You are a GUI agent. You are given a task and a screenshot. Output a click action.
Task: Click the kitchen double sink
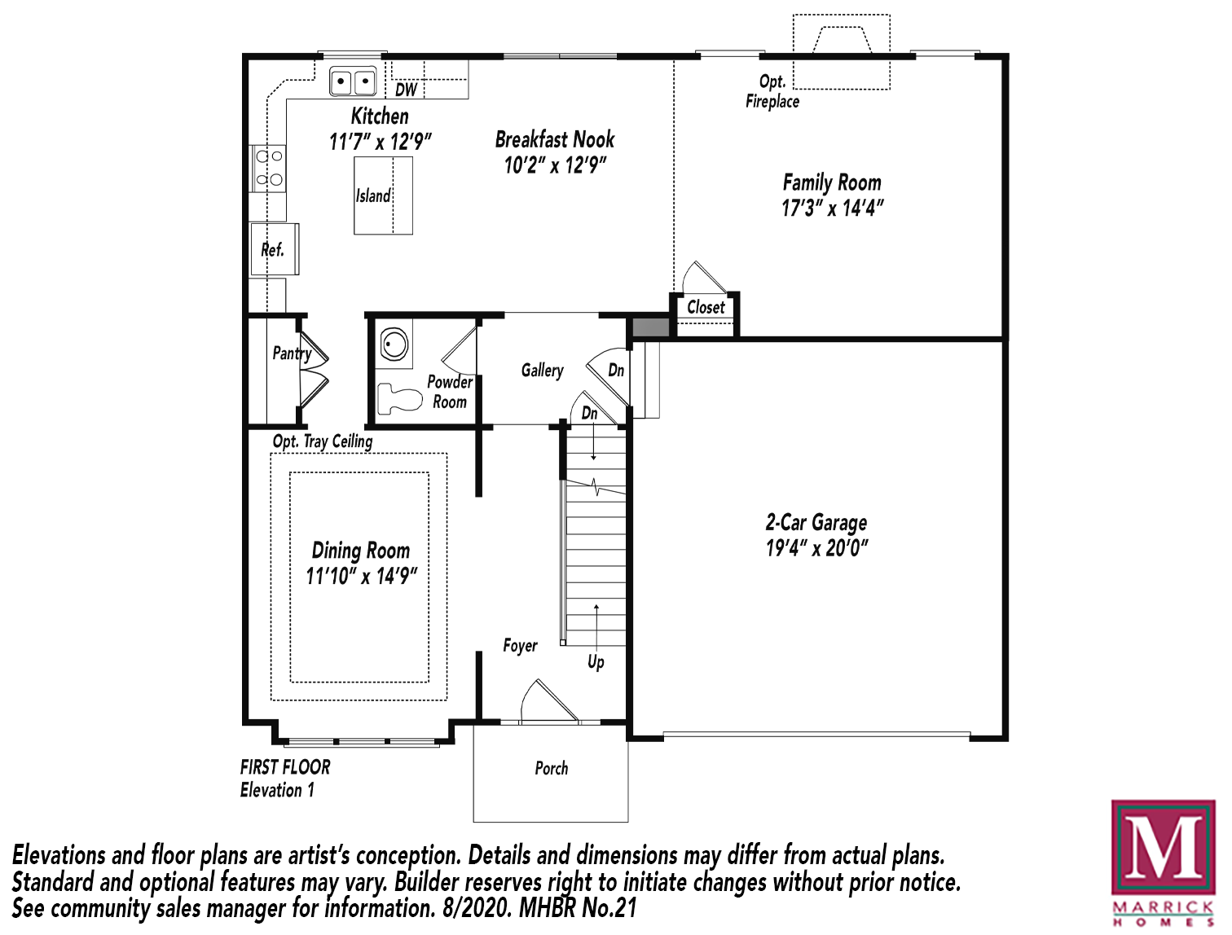pos(353,82)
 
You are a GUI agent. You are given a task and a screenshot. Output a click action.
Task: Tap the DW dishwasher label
pos(407,90)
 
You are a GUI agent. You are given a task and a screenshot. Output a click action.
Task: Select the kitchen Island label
pos(373,195)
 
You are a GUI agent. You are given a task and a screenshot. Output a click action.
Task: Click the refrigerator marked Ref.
pos(275,249)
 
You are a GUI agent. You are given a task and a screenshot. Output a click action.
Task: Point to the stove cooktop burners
pos(268,169)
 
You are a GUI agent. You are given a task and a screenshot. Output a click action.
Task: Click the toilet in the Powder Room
pos(399,397)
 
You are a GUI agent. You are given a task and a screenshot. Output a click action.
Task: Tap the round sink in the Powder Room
pos(394,344)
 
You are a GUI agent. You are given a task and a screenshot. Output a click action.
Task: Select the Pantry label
pos(292,354)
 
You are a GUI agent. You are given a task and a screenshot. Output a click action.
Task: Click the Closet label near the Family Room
pos(706,307)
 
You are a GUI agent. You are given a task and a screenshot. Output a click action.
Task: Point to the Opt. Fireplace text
pos(772,91)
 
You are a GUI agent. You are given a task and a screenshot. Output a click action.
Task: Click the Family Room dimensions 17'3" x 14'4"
pos(833,209)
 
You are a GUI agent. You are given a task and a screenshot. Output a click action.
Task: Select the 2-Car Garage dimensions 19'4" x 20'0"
pos(816,548)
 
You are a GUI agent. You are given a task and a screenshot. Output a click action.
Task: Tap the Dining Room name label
pos(361,551)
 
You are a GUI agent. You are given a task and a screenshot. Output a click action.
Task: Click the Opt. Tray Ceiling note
pos(323,441)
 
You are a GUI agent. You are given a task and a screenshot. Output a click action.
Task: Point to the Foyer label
pos(521,646)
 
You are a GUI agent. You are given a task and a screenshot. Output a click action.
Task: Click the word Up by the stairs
pos(596,662)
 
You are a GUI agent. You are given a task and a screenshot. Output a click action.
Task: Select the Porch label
pos(551,768)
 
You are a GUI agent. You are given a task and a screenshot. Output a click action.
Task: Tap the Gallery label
pos(542,371)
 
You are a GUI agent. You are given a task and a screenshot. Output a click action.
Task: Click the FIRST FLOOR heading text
pos(285,766)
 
